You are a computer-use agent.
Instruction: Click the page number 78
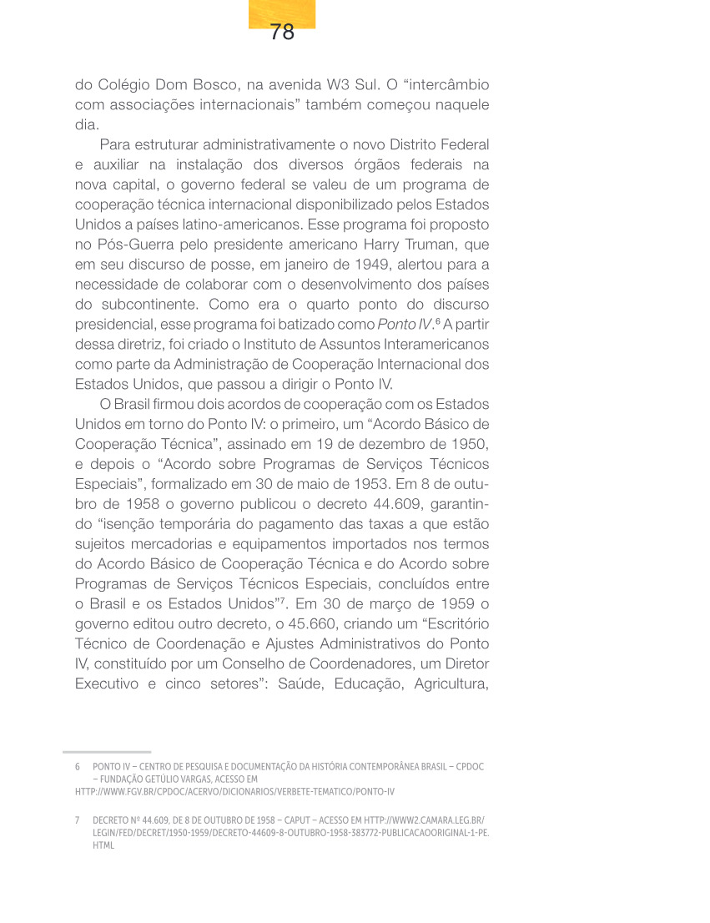pos(282,33)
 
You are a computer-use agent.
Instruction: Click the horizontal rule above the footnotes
pos(107,752)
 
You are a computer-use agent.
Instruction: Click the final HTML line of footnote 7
pos(103,845)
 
